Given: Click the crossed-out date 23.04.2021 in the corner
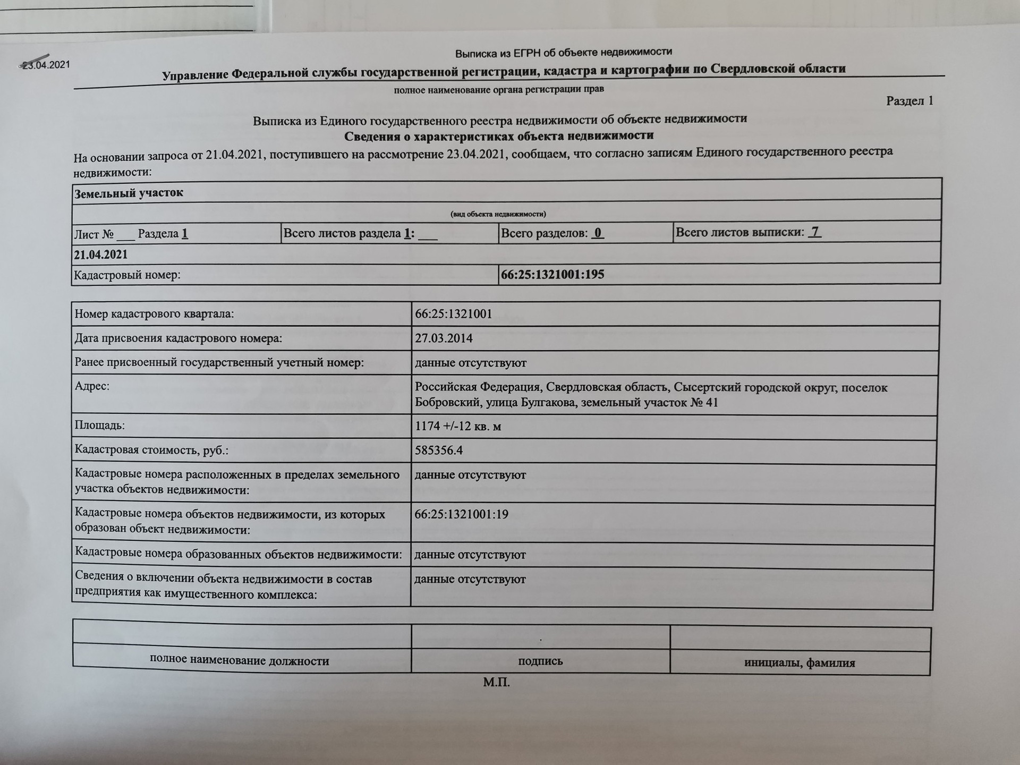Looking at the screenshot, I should click(46, 65).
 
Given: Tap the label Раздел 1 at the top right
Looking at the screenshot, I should click(909, 101).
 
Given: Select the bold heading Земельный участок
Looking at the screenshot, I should click(129, 193).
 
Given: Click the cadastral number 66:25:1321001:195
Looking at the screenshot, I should click(552, 275).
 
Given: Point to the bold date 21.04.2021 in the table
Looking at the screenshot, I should click(101, 254).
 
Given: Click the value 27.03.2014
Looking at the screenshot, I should click(444, 338).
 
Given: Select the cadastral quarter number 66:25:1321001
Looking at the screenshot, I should click(453, 314).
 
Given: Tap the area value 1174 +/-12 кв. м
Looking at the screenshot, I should click(457, 426).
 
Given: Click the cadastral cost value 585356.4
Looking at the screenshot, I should click(439, 450).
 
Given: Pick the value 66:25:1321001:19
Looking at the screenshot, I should click(461, 514).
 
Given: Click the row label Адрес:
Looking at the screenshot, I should click(92, 386).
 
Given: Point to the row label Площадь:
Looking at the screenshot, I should click(100, 426).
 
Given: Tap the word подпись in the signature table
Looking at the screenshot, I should click(540, 661).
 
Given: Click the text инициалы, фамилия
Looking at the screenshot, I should click(800, 663).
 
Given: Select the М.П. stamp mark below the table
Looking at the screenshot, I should click(496, 682).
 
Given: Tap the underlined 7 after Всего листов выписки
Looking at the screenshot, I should click(815, 232).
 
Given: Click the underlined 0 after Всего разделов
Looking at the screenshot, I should click(598, 233).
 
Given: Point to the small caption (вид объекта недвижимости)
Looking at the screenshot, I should click(498, 214).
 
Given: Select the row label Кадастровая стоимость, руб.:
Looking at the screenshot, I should click(151, 450).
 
